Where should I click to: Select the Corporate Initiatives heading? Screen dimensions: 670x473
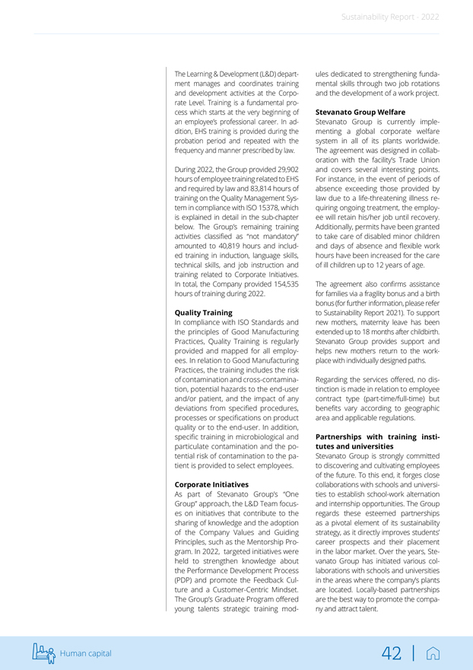pos(211,484)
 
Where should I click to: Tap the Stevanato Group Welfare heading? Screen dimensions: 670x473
pos(360,112)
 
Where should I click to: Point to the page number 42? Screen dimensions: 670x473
pos(392,652)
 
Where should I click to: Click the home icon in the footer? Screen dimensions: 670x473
pos(433,653)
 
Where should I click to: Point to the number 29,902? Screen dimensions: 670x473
pos(285,168)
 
